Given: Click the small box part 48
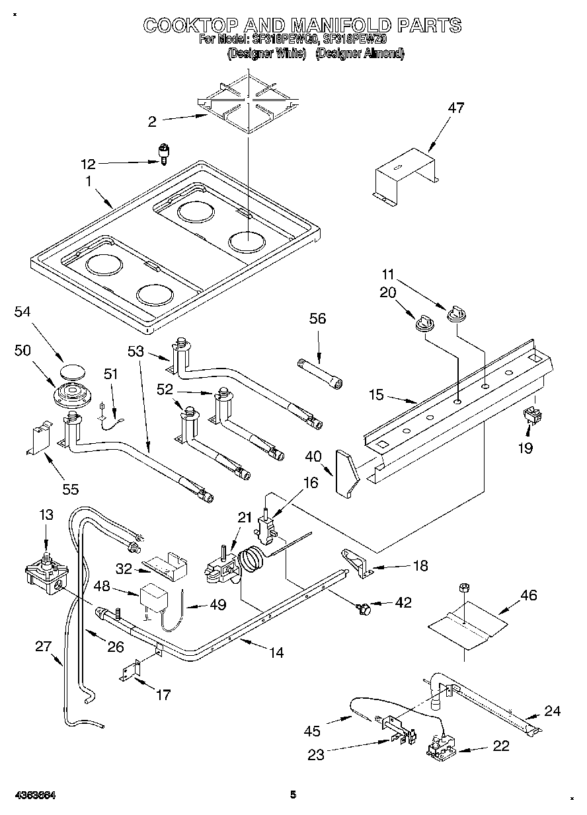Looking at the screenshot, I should click(152, 597).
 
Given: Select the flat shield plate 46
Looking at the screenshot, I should click(462, 625).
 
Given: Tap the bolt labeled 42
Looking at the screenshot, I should click(362, 606).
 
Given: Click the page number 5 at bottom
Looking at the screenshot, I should click(293, 795).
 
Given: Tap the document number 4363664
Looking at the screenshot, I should click(32, 795).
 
